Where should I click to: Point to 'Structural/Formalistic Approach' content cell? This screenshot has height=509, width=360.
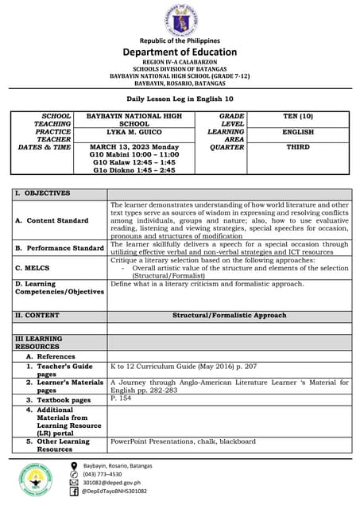(x=230, y=316)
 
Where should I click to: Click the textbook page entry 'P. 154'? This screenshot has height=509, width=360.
(x=121, y=398)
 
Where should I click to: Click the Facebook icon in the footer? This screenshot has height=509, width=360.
(x=75, y=492)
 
